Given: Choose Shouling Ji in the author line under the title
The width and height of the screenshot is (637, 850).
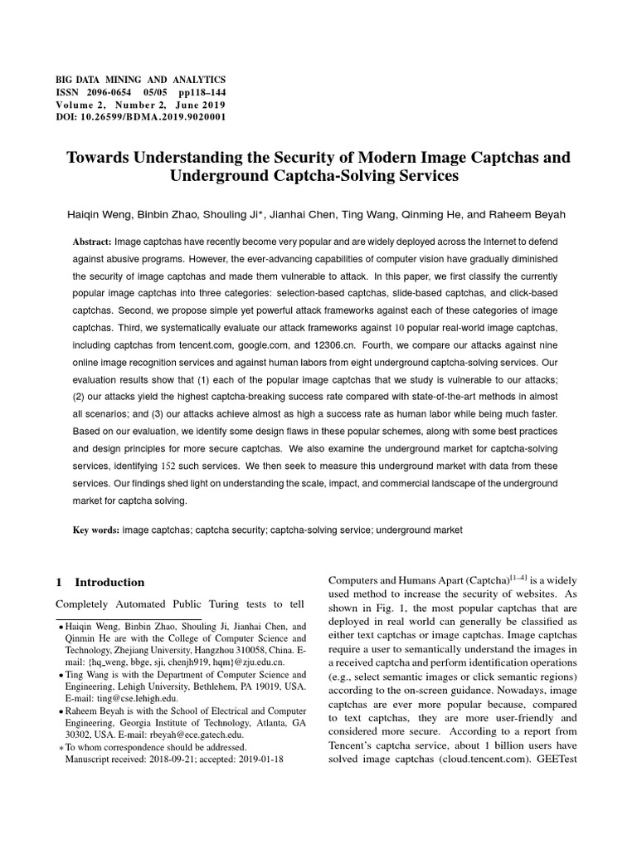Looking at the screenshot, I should click(x=242, y=213).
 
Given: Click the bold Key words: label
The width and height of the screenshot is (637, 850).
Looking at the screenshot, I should click(x=96, y=529).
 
